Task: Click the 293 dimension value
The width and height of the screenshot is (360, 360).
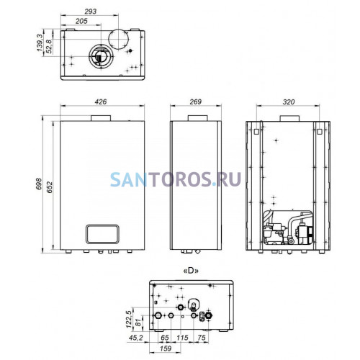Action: [x=91, y=12]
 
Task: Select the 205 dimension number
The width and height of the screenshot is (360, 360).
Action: [x=81, y=21]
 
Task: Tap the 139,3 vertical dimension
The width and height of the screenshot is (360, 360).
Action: [x=40, y=42]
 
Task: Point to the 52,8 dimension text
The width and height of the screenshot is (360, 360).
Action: [x=49, y=46]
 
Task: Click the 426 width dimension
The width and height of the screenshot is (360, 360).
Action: [x=101, y=102]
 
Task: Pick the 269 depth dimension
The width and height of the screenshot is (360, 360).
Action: [x=196, y=102]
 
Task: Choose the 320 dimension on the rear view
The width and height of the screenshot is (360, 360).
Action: [x=289, y=102]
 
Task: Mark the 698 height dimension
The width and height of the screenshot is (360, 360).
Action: [x=39, y=184]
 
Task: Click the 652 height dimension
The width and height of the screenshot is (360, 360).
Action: [x=49, y=187]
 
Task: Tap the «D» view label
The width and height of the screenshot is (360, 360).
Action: [x=191, y=271]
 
